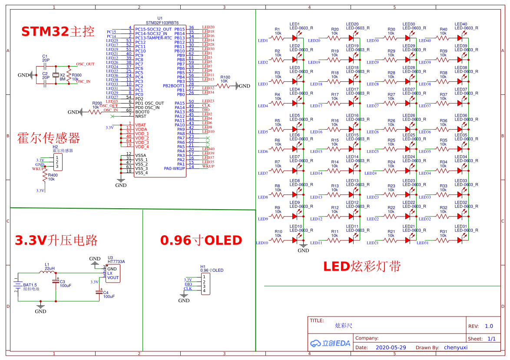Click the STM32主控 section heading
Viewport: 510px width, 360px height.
click(x=58, y=31)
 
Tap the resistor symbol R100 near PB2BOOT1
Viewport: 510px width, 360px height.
click(x=225, y=86)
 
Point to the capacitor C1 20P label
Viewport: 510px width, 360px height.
click(x=46, y=58)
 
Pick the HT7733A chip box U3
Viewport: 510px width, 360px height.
click(x=113, y=273)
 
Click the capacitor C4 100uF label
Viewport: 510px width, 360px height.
click(x=109, y=294)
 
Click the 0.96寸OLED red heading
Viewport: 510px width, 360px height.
click(x=201, y=240)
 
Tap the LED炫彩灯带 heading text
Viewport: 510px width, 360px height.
click(x=361, y=266)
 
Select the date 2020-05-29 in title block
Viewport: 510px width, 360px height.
click(x=390, y=347)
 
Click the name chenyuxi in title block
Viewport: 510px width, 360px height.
click(x=455, y=347)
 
